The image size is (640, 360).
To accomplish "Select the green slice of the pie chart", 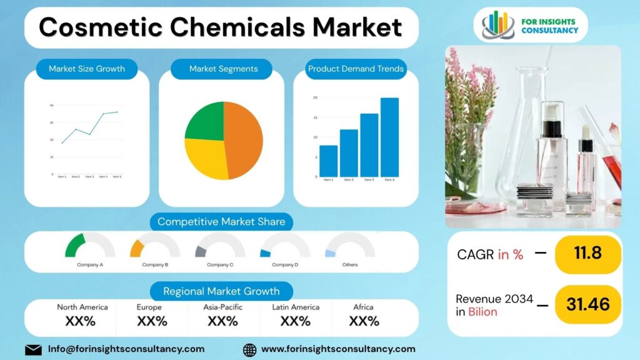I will (205, 121).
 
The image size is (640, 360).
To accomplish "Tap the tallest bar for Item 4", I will (389, 137).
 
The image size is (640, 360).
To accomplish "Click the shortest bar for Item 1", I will (328, 161).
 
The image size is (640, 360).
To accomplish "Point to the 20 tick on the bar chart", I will (316, 97).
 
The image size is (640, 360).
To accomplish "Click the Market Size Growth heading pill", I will (87, 69).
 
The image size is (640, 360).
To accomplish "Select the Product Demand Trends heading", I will (356, 69).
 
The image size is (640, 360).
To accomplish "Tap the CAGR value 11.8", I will (587, 253).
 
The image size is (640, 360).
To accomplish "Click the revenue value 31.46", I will (587, 304).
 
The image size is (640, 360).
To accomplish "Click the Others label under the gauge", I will (350, 265).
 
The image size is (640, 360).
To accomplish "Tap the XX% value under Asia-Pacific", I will (223, 321).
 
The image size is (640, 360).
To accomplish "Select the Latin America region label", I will (296, 307).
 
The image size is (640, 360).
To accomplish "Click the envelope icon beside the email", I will (33, 349).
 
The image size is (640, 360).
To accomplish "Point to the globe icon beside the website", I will (249, 349).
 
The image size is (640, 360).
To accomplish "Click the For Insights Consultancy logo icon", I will (498, 25).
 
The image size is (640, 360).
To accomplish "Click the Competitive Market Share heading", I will (221, 221).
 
